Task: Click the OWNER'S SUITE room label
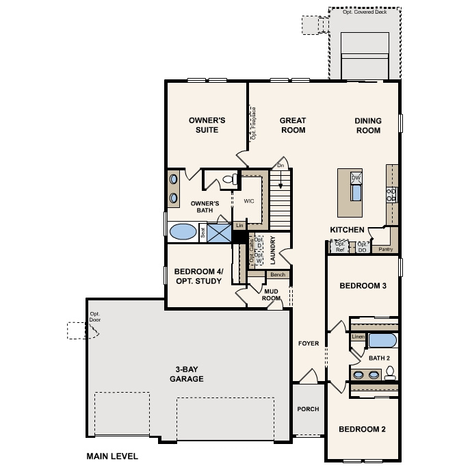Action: click(x=207, y=125)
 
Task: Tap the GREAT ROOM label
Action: click(x=293, y=125)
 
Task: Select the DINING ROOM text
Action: click(x=367, y=125)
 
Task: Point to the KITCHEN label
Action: click(x=348, y=230)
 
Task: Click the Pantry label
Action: click(x=385, y=250)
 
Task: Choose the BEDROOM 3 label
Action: click(x=363, y=286)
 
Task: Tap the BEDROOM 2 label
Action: click(x=363, y=430)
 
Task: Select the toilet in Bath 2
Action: click(x=391, y=373)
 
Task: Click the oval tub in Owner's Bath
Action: click(x=183, y=231)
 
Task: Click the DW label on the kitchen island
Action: click(x=356, y=178)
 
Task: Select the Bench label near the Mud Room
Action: click(x=278, y=274)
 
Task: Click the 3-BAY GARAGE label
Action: click(x=187, y=374)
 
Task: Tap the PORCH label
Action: click(x=308, y=409)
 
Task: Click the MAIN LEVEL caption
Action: click(x=112, y=456)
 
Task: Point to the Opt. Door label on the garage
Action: click(x=94, y=317)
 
